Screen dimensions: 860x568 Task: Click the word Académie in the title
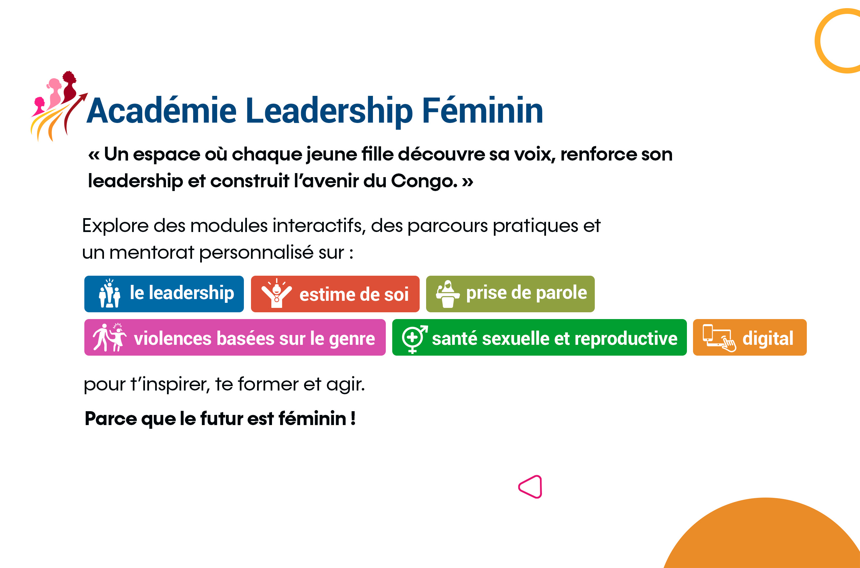162,110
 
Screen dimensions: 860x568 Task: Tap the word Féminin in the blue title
483,110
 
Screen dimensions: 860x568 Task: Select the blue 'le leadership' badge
164,294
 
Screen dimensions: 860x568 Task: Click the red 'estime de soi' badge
335,294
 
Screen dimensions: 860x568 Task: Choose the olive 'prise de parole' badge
510,294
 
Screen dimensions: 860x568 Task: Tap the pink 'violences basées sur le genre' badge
235,337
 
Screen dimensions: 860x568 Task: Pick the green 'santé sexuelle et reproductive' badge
539,337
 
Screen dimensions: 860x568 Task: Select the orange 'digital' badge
750,337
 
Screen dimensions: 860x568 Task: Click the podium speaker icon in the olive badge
448,294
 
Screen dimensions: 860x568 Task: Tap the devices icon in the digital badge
719,338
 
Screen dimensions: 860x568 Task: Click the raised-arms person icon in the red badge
277,293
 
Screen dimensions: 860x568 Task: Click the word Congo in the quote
424,181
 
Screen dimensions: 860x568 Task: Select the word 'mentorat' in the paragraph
152,252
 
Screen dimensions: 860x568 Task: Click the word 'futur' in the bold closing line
222,419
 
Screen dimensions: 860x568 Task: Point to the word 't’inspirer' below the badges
170,385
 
